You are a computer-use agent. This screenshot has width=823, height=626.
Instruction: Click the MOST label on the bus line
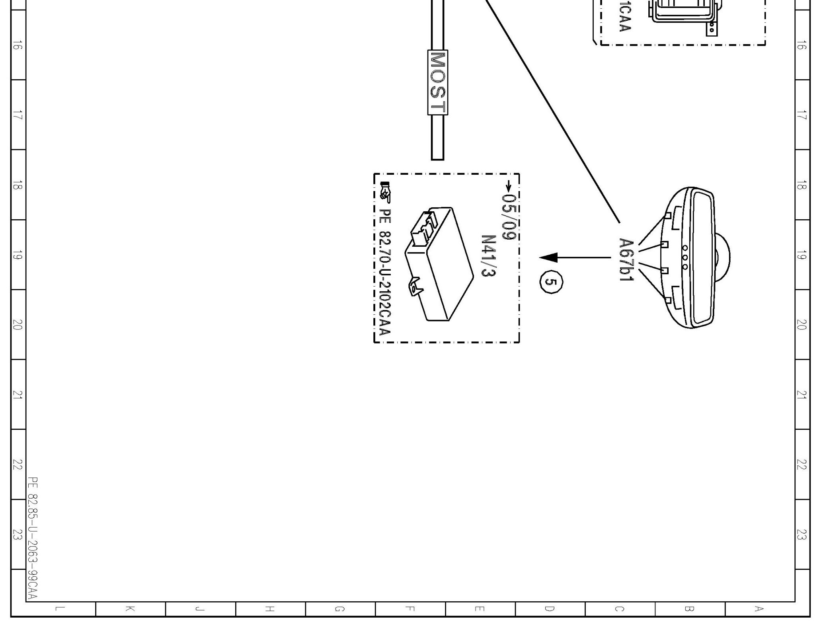[x=437, y=82]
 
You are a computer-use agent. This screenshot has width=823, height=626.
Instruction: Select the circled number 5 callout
[x=551, y=282]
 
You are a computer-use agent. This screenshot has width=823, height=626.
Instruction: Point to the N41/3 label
[x=488, y=256]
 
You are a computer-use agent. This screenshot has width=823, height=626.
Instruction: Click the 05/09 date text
[x=509, y=217]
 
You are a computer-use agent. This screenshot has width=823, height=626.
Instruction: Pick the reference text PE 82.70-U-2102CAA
[x=385, y=272]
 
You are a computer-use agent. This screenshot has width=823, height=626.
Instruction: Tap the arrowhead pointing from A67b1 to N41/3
[x=548, y=257]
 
